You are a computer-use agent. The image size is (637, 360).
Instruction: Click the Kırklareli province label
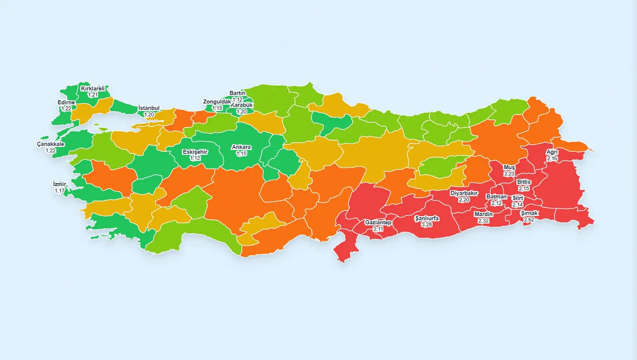93,89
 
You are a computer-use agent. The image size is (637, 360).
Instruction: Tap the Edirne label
66,102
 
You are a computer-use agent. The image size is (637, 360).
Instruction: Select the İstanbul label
149,108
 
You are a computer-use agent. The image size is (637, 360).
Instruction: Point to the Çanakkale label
50,144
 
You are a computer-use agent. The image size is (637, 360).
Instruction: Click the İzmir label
59,184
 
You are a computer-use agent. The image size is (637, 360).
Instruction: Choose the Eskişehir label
195,152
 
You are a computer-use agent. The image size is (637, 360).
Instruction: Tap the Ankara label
241,147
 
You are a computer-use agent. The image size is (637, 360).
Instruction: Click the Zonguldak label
217,102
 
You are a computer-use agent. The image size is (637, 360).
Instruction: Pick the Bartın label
237,93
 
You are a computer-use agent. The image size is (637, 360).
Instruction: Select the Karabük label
242,105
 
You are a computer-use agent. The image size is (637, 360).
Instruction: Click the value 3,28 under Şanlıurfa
426,224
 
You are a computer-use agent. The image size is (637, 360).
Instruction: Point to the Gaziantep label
378,222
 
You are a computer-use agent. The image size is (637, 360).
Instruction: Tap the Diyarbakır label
464,193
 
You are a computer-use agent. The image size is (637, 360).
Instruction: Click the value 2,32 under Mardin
483,221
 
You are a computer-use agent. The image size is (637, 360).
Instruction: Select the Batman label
496,197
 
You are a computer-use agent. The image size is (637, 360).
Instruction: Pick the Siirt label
518,198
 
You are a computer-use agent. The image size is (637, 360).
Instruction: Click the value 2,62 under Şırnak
529,219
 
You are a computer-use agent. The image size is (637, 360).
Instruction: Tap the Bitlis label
524,182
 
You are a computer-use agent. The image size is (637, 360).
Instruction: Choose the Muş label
509,167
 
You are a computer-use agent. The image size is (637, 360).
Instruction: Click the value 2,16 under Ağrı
552,158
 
